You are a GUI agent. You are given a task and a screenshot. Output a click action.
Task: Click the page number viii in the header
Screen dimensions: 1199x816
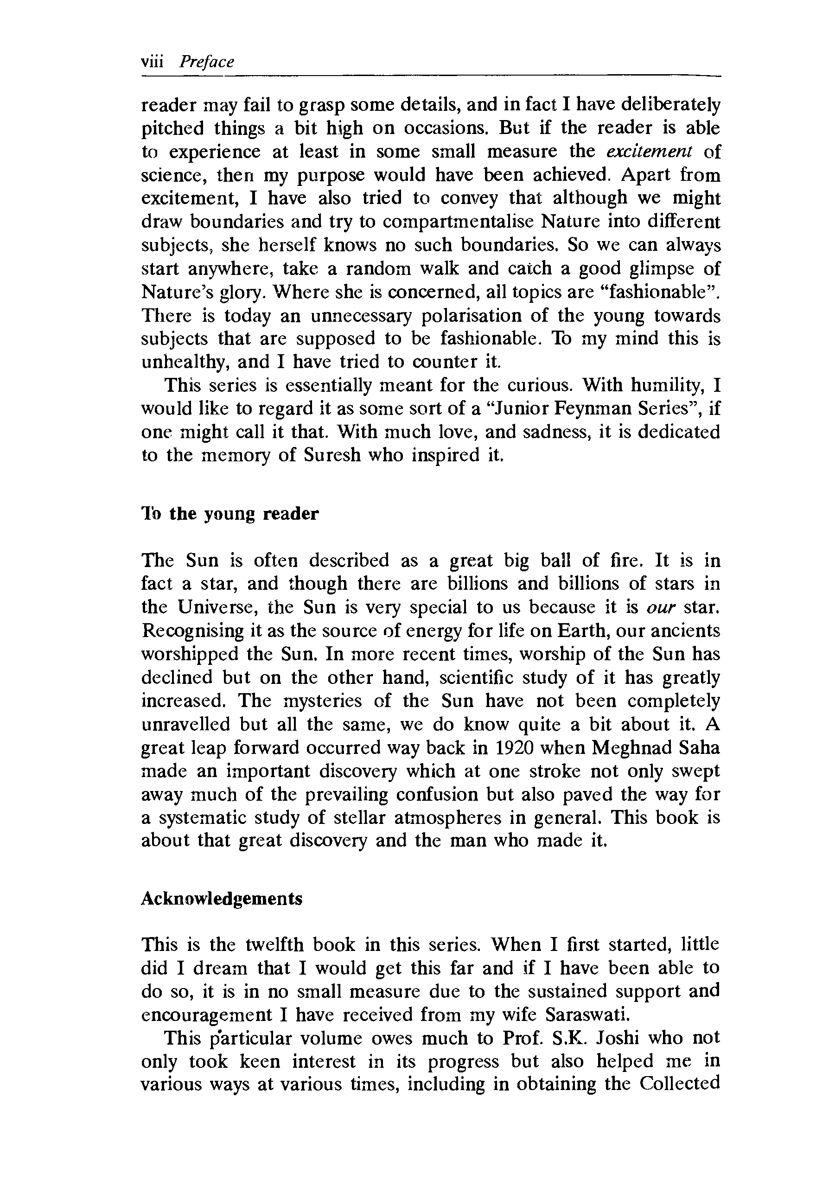tap(152, 62)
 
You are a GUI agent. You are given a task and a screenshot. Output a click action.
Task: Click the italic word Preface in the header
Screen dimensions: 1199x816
tap(206, 63)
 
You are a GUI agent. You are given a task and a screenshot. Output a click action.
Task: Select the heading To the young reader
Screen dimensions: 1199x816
tap(230, 514)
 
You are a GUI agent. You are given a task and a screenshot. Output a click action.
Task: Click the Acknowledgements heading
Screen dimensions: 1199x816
tap(222, 898)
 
